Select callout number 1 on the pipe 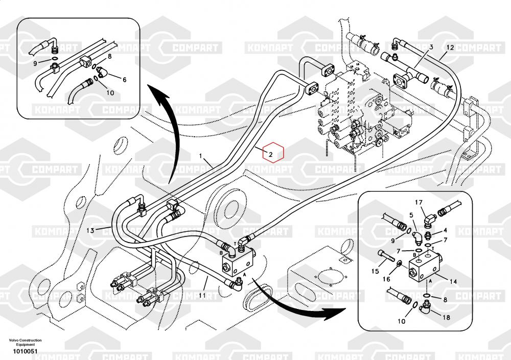pyautogui.click(x=201, y=155)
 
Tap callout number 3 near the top pyautogui.click(x=431, y=47)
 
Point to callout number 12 pyautogui.click(x=450, y=47)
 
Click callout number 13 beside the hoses pyautogui.click(x=90, y=230)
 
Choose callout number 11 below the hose pyautogui.click(x=202, y=295)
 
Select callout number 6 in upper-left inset pyautogui.click(x=124, y=80)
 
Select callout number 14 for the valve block pyautogui.click(x=452, y=281)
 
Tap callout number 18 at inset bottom pyautogui.click(x=446, y=317)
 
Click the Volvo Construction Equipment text pyautogui.click(x=25, y=342)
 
